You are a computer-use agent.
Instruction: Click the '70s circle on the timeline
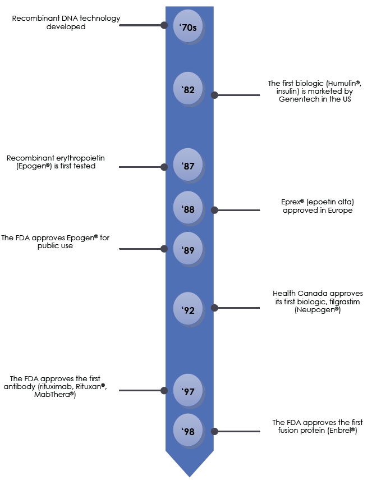(x=188, y=26)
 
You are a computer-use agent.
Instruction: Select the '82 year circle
(x=188, y=88)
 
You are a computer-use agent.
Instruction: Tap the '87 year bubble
(x=188, y=164)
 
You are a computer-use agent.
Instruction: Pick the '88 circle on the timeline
(x=188, y=208)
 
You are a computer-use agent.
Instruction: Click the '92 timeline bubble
(x=188, y=309)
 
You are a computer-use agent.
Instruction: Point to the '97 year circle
(x=188, y=390)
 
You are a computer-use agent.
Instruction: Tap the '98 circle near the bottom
(x=188, y=430)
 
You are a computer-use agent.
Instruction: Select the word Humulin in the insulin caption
(x=342, y=83)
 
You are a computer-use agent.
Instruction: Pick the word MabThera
(x=52, y=394)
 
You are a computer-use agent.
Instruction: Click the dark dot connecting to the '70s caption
(x=164, y=25)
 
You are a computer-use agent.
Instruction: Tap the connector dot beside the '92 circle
(x=214, y=308)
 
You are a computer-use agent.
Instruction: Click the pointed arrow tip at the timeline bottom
(x=189, y=476)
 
